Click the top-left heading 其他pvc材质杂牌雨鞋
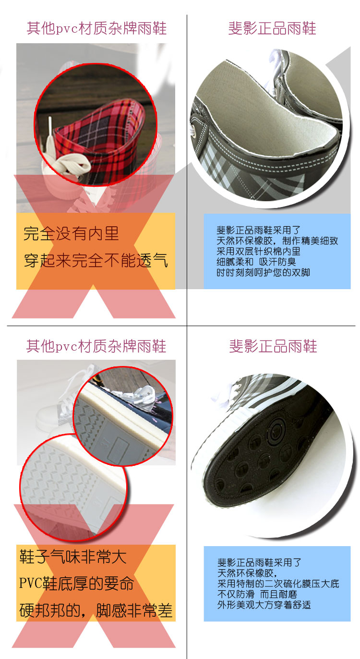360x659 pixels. (x=96, y=28)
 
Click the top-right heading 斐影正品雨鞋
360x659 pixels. (x=272, y=28)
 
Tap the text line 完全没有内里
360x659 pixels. (x=71, y=233)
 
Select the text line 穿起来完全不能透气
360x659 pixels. (x=96, y=260)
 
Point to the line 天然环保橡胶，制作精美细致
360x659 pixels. (x=277, y=241)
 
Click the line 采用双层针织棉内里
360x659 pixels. (x=259, y=251)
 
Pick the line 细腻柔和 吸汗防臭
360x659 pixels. (x=256, y=262)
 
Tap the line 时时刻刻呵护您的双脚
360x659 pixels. (x=263, y=272)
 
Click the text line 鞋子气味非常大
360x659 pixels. (x=73, y=557)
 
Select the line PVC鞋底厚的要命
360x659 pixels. (x=76, y=584)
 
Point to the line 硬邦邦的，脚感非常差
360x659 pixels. (x=96, y=610)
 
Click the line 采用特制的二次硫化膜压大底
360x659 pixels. (x=278, y=584)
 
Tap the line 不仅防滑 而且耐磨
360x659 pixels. (x=257, y=594)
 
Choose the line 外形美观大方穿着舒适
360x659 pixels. (x=264, y=605)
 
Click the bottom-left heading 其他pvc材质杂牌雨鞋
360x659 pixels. (x=96, y=346)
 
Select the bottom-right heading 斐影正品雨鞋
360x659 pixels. (x=273, y=346)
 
